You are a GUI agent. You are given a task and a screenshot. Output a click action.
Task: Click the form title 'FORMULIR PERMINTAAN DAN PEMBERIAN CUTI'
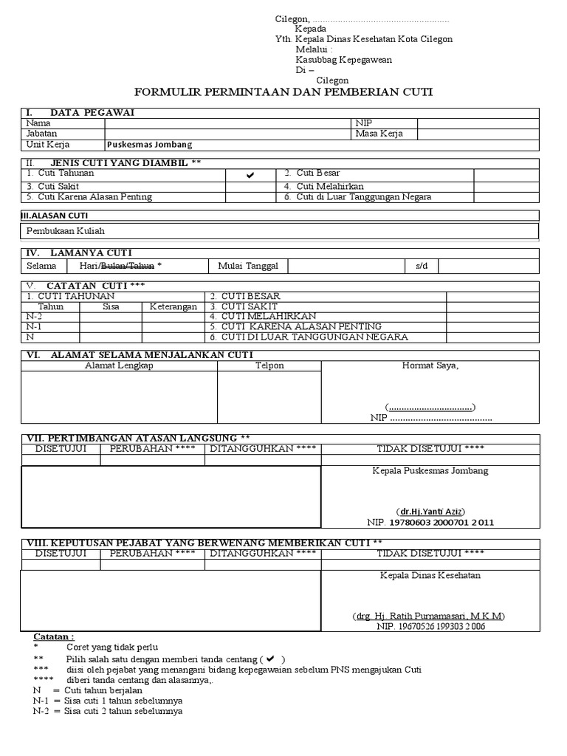pyautogui.click(x=283, y=92)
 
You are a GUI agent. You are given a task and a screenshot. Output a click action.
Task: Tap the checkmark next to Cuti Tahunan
pyautogui.click(x=250, y=175)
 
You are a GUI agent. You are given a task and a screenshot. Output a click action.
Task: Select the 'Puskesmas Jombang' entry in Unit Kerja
pyautogui.click(x=149, y=145)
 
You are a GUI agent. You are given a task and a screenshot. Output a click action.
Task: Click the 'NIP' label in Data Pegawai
pyautogui.click(x=363, y=123)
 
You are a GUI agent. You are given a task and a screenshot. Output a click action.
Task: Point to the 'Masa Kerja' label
pyautogui.click(x=379, y=134)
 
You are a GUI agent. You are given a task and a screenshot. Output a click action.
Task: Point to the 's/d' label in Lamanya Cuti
pyautogui.click(x=422, y=266)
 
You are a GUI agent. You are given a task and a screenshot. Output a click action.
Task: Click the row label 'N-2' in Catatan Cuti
pyautogui.click(x=34, y=316)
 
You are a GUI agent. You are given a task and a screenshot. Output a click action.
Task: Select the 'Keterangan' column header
pyautogui.click(x=173, y=306)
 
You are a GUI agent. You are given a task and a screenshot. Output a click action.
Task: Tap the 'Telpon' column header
pyautogui.click(x=269, y=365)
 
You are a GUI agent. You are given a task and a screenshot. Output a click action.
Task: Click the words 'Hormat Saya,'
pyautogui.click(x=430, y=365)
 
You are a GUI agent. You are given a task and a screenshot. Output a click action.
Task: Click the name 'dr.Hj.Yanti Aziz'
pyautogui.click(x=432, y=512)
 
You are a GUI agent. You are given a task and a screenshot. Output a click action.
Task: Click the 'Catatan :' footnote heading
pyautogui.click(x=54, y=636)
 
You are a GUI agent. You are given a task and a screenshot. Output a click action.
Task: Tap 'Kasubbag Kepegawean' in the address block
pyautogui.click(x=343, y=60)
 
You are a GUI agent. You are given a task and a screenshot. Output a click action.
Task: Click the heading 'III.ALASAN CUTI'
pyautogui.click(x=54, y=216)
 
